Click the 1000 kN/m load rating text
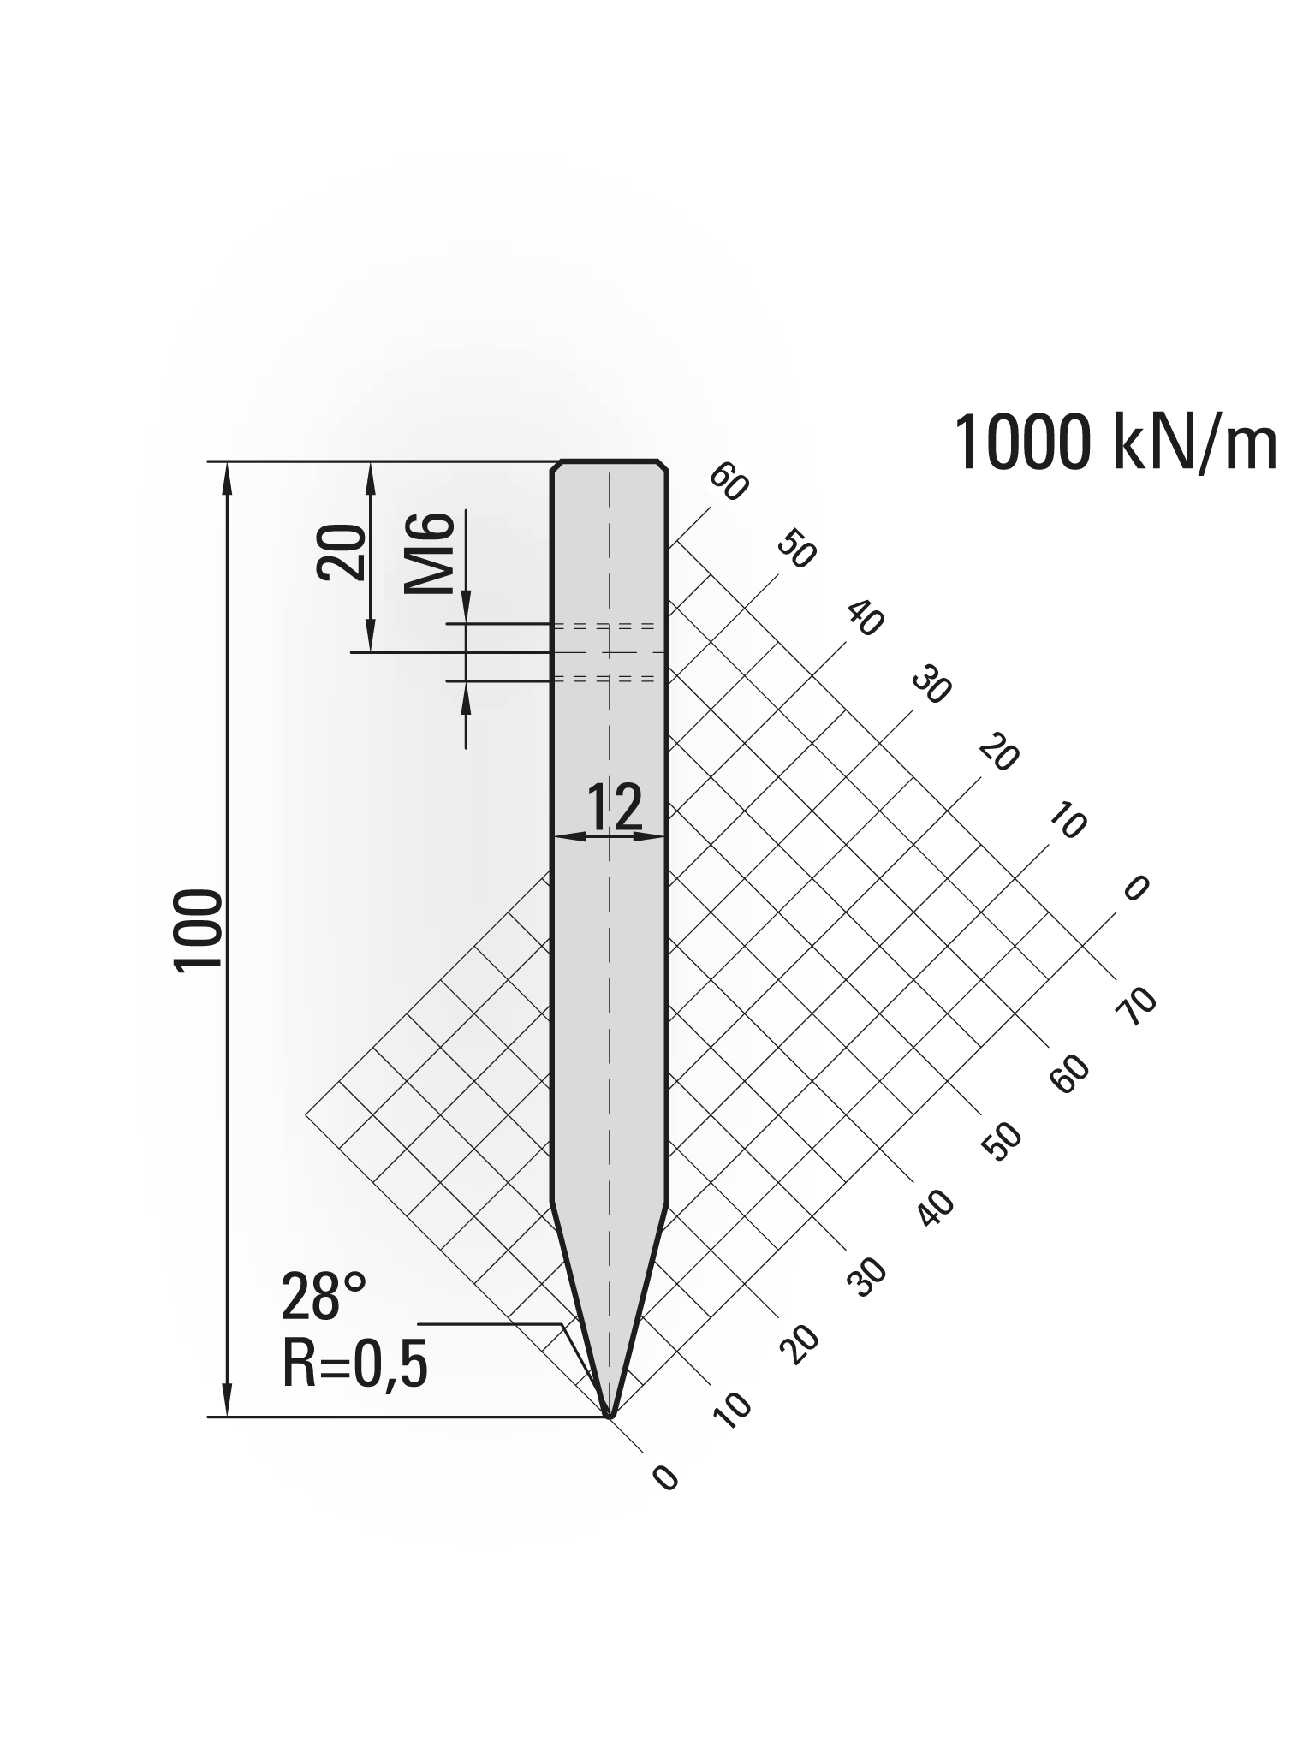tap(1115, 443)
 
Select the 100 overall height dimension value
tap(199, 930)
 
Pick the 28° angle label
tap(324, 1296)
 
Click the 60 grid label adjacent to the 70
tap(1071, 1073)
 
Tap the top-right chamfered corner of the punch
tap(663, 467)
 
